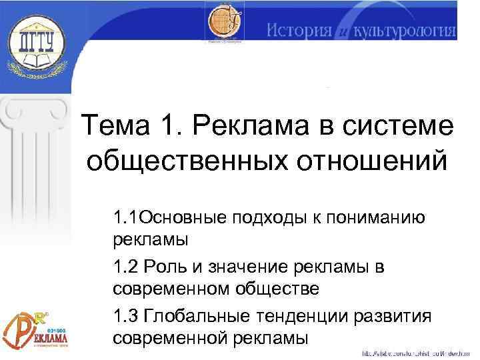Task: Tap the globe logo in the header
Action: [x=225, y=25]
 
